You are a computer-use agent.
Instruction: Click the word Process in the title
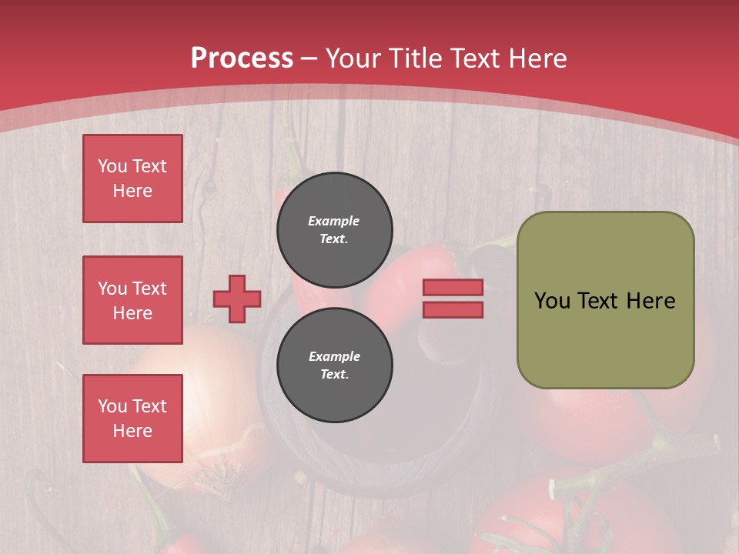pyautogui.click(x=242, y=58)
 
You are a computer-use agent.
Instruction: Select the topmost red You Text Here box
pyautogui.click(x=132, y=179)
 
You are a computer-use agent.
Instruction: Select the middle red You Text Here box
pyautogui.click(x=132, y=300)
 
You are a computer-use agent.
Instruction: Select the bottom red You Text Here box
pyautogui.click(x=132, y=419)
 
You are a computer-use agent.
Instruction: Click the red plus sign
pyautogui.click(x=236, y=299)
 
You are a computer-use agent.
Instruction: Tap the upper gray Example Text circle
pyautogui.click(x=334, y=229)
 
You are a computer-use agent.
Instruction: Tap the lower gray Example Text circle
pyautogui.click(x=334, y=365)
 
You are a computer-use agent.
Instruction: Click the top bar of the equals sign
pyautogui.click(x=453, y=287)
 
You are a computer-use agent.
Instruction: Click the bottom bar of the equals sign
pyautogui.click(x=453, y=309)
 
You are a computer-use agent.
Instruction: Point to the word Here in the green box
pyautogui.click(x=650, y=301)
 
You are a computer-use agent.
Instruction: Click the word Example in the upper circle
pyautogui.click(x=334, y=221)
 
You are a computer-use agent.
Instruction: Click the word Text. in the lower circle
pyautogui.click(x=334, y=374)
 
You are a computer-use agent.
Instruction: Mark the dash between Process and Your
pyautogui.click(x=309, y=58)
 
